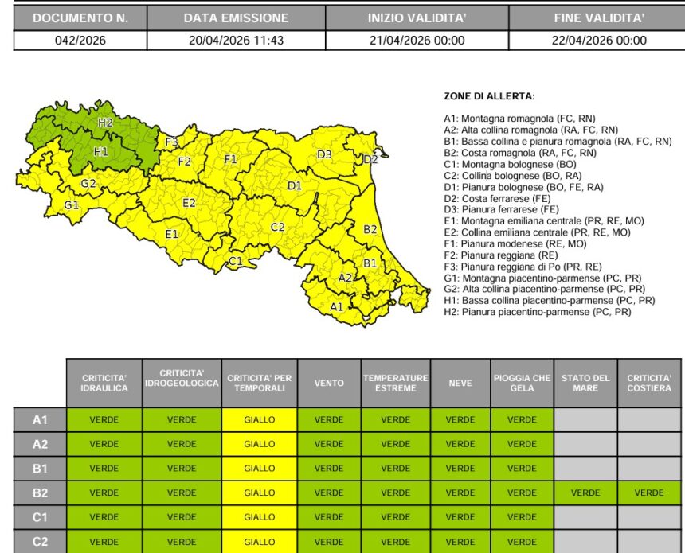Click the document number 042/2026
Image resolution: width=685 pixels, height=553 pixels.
pos(80,41)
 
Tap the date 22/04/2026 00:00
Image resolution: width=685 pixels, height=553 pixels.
pos(599,41)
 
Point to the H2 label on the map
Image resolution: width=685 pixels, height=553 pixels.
pos(105,123)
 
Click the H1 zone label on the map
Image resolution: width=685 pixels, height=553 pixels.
pos(101,151)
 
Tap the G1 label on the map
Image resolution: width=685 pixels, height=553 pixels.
pos(72,204)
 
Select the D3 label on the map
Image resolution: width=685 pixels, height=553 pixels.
pos(324,154)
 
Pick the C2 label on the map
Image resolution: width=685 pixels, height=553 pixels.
pos(277,228)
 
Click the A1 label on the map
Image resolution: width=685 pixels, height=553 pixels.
pos(337,306)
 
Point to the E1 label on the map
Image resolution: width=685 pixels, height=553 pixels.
pos(171,234)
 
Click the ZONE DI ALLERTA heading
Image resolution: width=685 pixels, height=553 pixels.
pos(489,96)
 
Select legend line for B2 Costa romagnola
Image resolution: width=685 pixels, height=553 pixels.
pos(519,153)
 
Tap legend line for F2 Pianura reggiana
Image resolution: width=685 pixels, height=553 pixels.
pos(502,255)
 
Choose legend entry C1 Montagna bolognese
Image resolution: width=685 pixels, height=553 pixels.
pos(510,164)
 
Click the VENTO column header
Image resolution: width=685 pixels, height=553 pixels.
pos(329,383)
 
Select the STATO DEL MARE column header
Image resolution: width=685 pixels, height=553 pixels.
pos(585,383)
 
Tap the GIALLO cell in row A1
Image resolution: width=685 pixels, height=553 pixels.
pos(260,419)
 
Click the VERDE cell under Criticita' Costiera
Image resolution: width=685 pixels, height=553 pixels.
pos(649,493)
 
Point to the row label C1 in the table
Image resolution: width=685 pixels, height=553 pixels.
pos(40,516)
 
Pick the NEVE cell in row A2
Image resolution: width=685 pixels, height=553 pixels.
pos(460,444)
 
